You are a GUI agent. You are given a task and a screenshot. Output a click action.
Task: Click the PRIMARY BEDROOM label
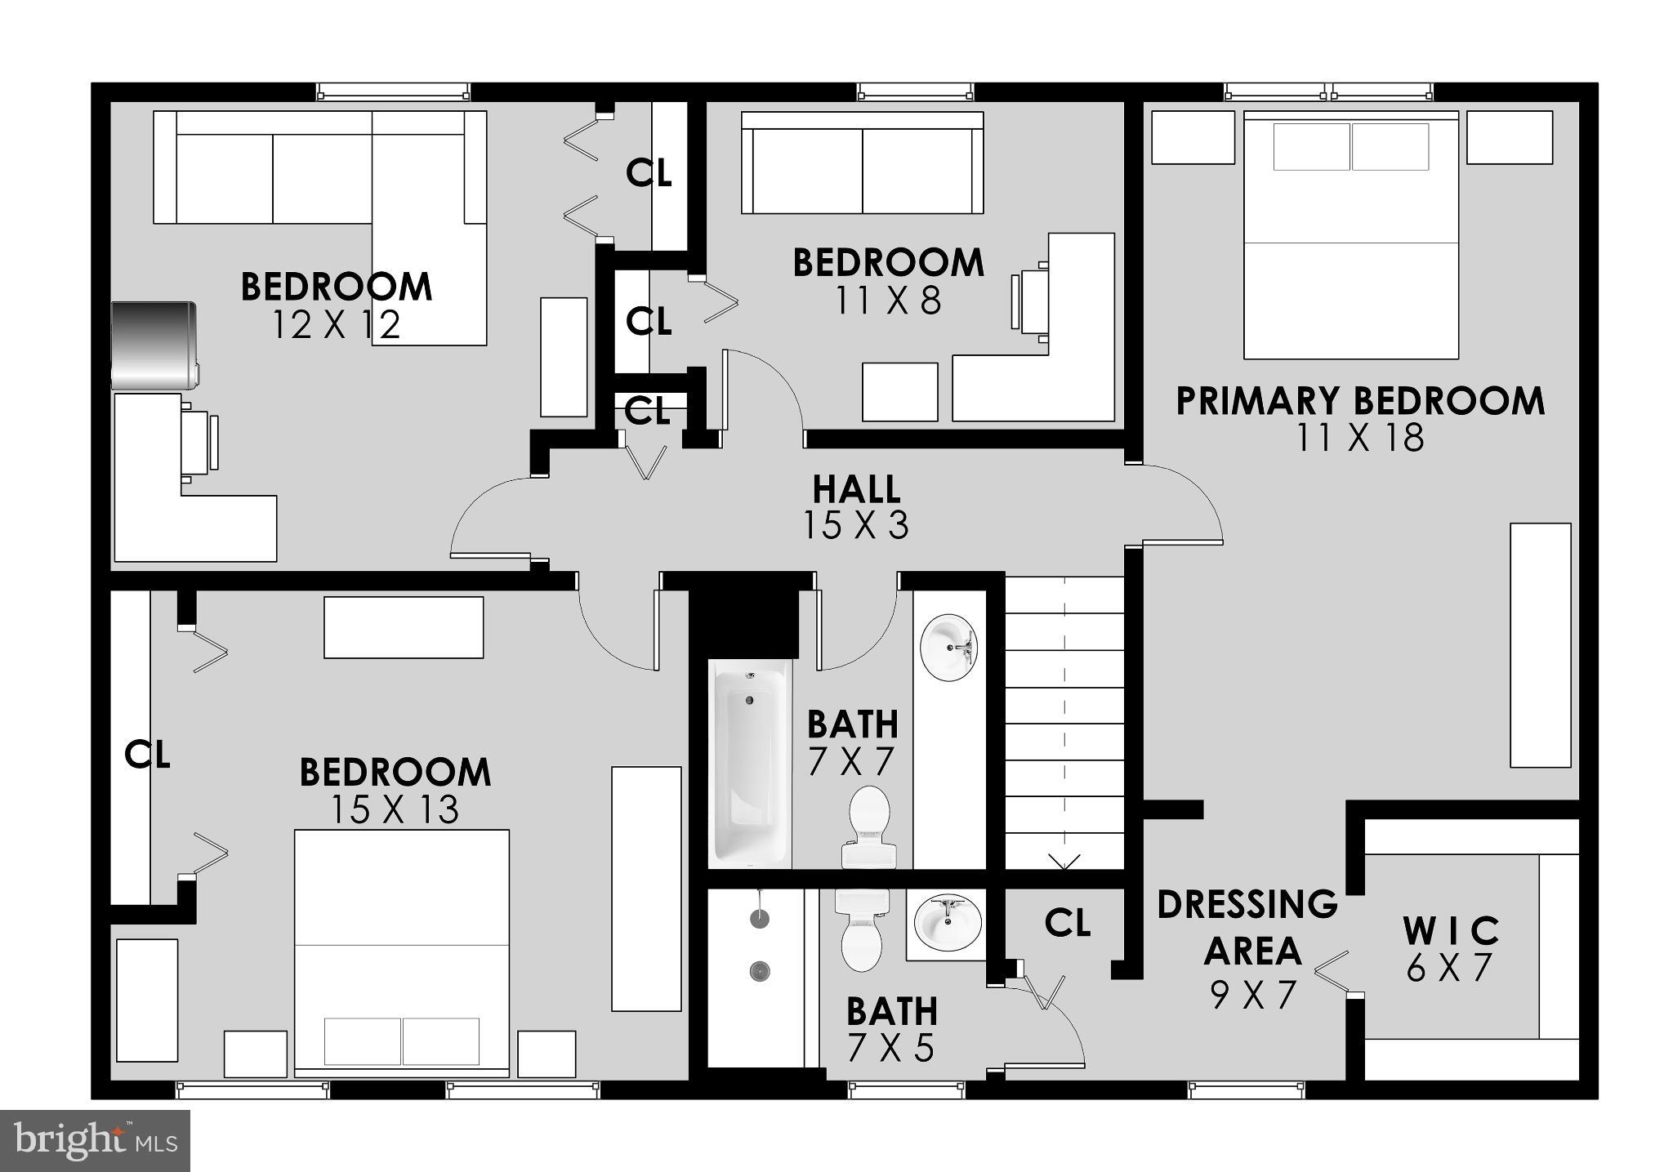tap(1360, 402)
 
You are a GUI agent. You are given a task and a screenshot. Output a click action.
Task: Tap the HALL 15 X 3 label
tap(856, 507)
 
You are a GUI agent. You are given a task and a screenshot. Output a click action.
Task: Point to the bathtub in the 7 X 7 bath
tap(750, 764)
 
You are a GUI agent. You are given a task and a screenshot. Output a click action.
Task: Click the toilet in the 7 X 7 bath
tap(869, 825)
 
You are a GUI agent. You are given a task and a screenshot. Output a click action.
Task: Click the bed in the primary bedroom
tap(1350, 237)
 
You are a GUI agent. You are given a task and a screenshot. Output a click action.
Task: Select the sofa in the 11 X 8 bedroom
tap(862, 163)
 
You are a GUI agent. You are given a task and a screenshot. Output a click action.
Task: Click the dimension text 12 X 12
tap(336, 326)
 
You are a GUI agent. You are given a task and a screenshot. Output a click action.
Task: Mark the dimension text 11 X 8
tap(888, 301)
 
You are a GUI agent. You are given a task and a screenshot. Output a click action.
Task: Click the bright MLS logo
tap(95, 1140)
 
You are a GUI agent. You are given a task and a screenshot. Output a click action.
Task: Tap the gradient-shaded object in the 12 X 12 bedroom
tap(154, 345)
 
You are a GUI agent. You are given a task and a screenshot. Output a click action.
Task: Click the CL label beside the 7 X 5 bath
tap(1067, 923)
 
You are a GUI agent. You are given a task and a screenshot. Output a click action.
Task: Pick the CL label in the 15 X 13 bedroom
tap(147, 755)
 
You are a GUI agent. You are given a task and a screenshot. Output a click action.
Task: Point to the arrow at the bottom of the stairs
tap(1064, 862)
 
